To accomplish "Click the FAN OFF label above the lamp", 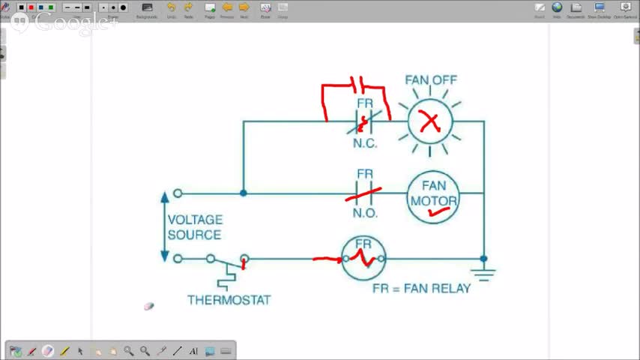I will tap(430, 79).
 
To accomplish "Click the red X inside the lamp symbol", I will tap(430, 121).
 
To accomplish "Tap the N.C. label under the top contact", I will tap(365, 143).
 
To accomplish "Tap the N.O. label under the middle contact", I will tap(365, 213).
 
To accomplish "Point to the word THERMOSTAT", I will tap(229, 300).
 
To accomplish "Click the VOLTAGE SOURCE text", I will tap(195, 227).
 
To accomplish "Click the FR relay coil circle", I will tap(363, 258).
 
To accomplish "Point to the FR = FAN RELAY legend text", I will tap(421, 288).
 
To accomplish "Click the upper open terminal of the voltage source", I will tap(178, 193).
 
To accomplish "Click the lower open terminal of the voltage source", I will tap(178, 259).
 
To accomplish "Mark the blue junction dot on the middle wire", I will tap(243, 193).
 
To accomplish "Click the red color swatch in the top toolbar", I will tap(31, 7).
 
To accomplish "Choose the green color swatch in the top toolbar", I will tap(51, 7).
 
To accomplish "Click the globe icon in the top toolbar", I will tap(557, 7).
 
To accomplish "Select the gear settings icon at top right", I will tap(625, 7).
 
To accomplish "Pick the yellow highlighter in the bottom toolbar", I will tap(64, 351).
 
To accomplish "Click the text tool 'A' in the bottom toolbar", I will tap(193, 351).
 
